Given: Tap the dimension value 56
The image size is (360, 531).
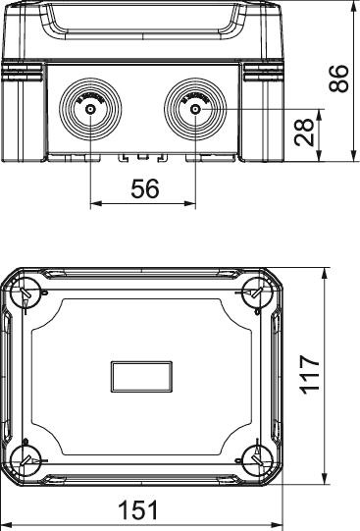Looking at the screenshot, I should click(144, 189).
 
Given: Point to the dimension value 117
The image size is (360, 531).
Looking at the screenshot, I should click(311, 375).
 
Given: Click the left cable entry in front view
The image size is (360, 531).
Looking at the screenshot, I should click(90, 107).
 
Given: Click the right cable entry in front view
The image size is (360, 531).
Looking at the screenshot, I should click(194, 107).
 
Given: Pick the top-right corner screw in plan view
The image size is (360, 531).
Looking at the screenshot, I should click(257, 291).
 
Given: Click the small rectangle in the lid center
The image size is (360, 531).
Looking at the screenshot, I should click(142, 375).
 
